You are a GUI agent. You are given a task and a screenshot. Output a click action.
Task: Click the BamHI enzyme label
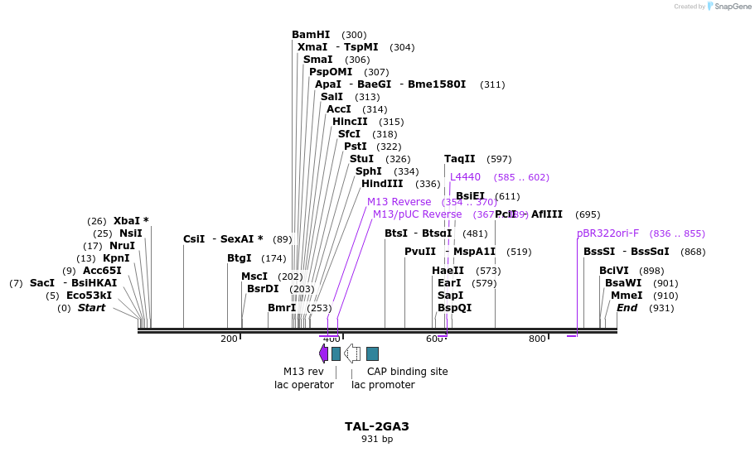(x=311, y=35)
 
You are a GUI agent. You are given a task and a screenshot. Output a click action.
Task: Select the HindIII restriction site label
(x=382, y=184)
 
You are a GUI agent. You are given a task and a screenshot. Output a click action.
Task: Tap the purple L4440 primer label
(x=465, y=177)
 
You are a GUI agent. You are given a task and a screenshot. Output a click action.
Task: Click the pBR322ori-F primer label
(x=607, y=233)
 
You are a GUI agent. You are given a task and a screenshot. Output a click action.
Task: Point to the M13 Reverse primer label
(x=399, y=202)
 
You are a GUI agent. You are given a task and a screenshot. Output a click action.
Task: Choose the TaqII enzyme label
(x=459, y=159)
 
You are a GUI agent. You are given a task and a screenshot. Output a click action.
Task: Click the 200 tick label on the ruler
(x=229, y=339)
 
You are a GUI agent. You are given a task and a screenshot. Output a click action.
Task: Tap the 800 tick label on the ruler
(x=537, y=339)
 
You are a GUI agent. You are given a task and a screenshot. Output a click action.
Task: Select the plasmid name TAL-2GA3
(x=377, y=427)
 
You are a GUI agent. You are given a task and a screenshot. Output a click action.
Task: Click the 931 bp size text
(x=377, y=440)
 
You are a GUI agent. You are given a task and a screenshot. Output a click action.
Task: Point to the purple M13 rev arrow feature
(x=323, y=353)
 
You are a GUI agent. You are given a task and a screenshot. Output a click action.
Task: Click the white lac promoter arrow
(x=352, y=353)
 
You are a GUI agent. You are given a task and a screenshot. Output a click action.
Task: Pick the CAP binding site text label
(x=408, y=372)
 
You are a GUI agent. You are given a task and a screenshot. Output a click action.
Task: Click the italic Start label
(x=91, y=308)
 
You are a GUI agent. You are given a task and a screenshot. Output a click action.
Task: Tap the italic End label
(x=627, y=308)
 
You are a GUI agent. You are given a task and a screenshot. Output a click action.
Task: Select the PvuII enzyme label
(x=419, y=252)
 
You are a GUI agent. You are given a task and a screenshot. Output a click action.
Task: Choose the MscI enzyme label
(x=254, y=276)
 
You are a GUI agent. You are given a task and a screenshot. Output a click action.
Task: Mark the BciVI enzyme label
(x=613, y=271)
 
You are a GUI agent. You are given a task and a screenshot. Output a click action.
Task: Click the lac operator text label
(x=304, y=385)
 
